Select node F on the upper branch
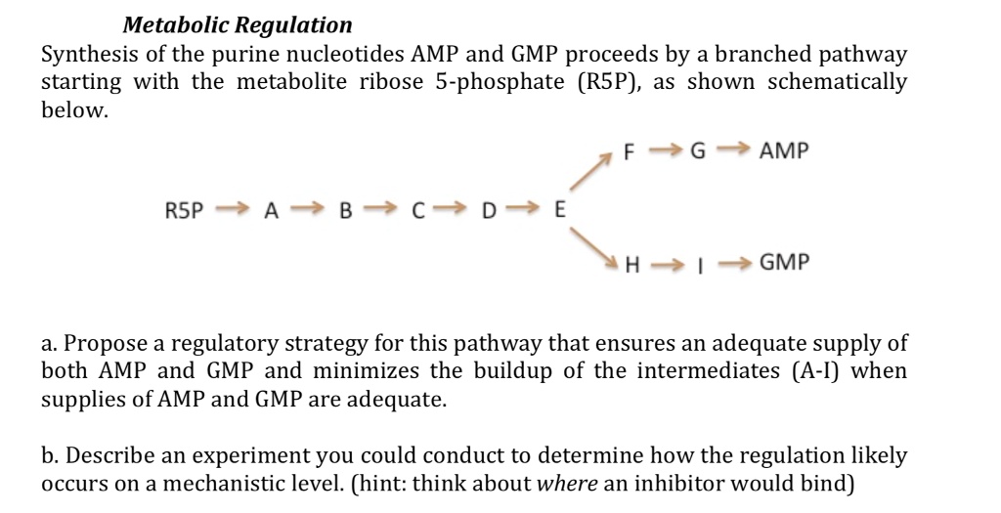click(630, 152)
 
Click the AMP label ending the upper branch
click(784, 152)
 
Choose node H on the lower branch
click(631, 263)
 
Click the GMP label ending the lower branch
click(784, 263)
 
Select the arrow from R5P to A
click(233, 207)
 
